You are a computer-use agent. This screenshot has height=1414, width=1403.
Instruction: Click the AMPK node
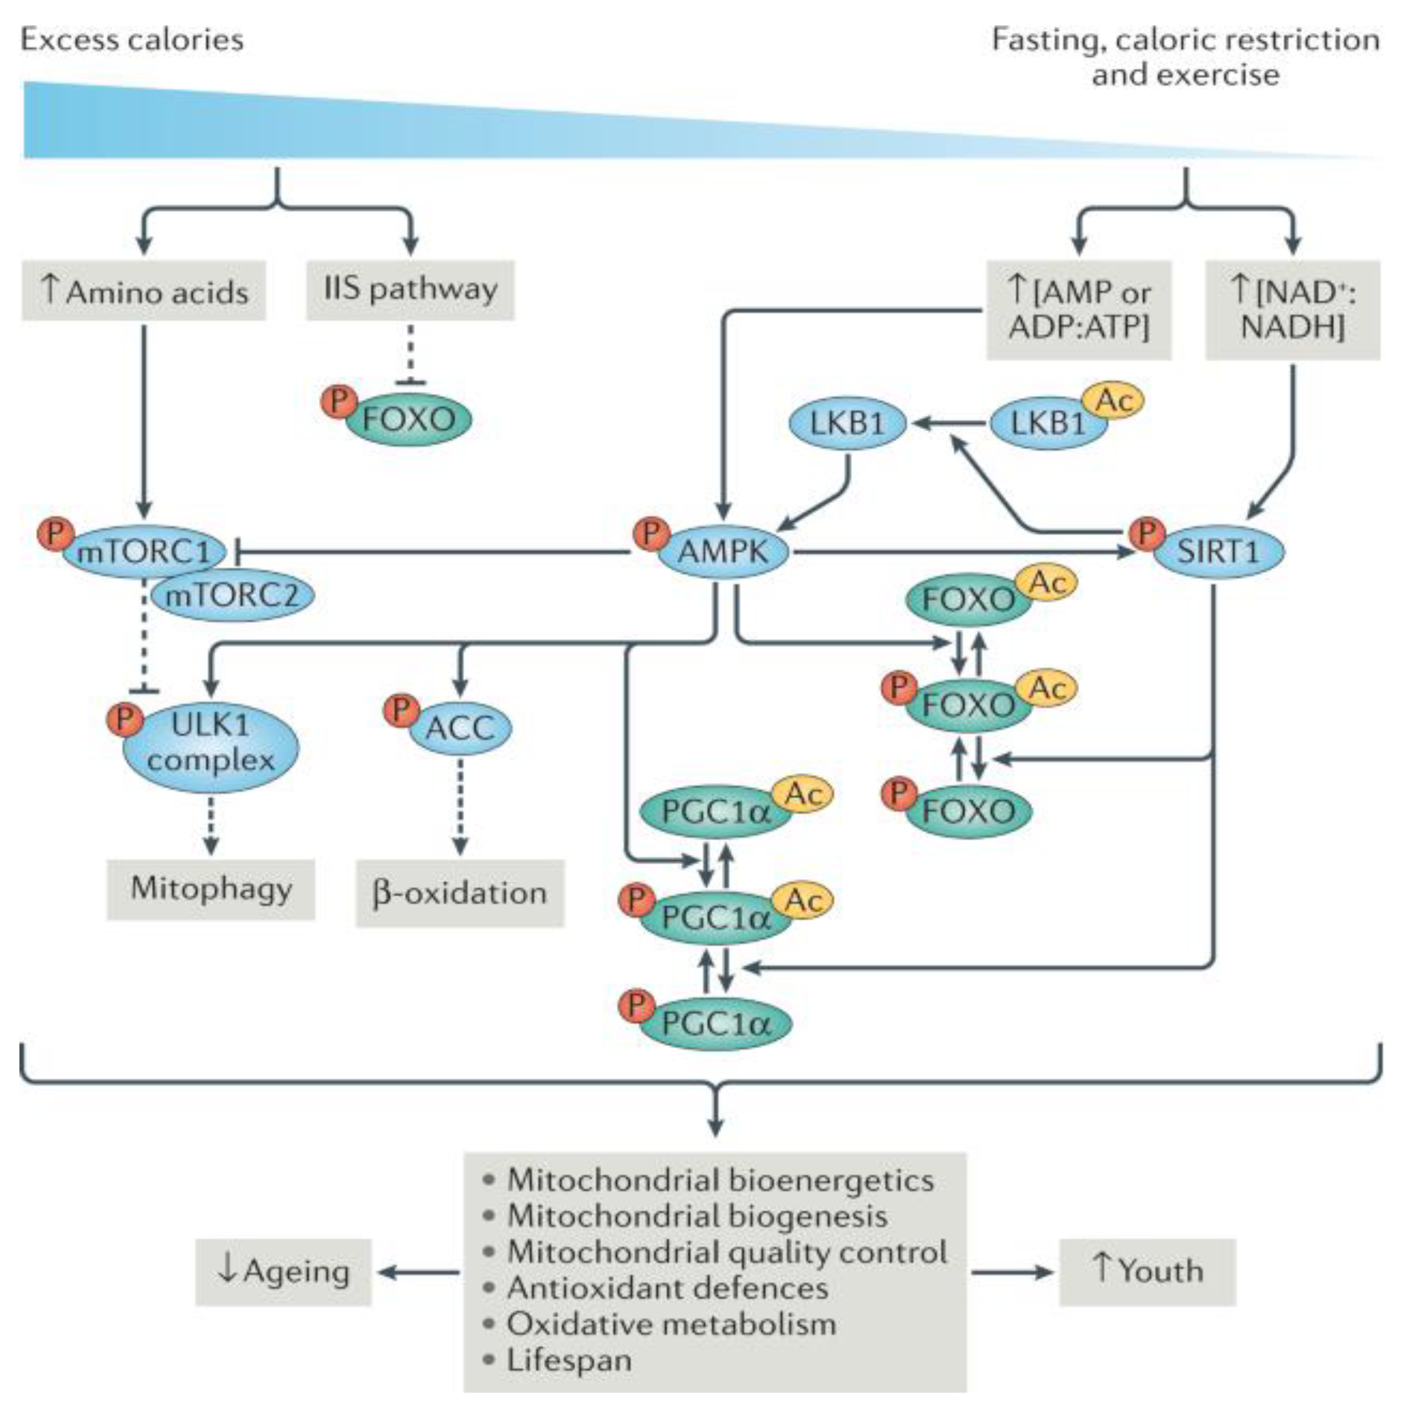pos(723,551)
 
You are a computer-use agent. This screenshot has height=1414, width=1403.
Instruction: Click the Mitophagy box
pos(211,889)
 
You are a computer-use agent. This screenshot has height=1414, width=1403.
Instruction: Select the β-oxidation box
pos(460,893)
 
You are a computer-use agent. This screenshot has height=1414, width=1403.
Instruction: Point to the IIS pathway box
pos(410,290)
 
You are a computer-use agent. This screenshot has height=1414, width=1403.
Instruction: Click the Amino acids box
pos(144,291)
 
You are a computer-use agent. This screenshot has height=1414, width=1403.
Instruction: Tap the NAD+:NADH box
pos(1293,310)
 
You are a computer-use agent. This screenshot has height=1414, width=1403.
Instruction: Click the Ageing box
pos(283,1272)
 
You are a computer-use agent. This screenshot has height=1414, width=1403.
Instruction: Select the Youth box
pos(1147,1272)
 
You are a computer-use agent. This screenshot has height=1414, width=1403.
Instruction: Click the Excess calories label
pos(132,40)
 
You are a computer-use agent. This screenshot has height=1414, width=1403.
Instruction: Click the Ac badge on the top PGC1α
pos(803,794)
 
